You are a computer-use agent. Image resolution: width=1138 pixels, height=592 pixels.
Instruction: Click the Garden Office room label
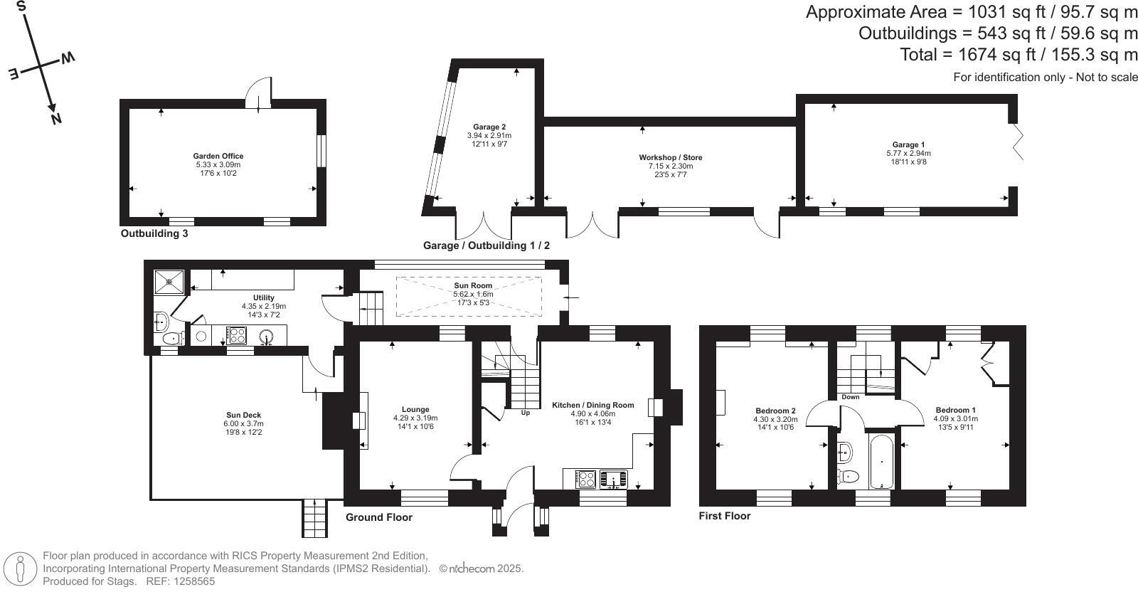[218, 157]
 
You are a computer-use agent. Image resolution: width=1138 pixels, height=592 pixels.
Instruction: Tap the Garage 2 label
[489, 127]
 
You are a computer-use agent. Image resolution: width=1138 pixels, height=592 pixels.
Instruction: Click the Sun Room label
[473, 286]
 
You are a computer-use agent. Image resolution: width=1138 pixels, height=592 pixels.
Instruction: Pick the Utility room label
[263, 298]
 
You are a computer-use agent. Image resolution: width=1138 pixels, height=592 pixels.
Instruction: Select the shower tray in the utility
[170, 281]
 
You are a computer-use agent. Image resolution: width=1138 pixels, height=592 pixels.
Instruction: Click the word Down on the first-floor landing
[851, 397]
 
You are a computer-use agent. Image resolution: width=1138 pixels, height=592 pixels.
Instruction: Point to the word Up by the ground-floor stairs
[526, 413]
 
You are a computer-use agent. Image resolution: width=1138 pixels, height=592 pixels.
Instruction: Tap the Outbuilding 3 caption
[154, 233]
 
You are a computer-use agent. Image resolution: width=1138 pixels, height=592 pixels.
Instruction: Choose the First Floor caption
[724, 516]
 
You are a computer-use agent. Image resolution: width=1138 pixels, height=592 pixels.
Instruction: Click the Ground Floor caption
[378, 517]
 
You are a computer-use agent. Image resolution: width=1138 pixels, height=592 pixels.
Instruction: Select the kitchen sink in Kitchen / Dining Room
[613, 479]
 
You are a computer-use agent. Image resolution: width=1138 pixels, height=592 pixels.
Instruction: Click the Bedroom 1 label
[955, 410]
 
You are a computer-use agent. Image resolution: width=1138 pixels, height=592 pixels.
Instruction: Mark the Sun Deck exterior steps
[315, 518]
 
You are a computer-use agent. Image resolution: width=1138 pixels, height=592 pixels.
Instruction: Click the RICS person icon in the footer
[21, 569]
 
